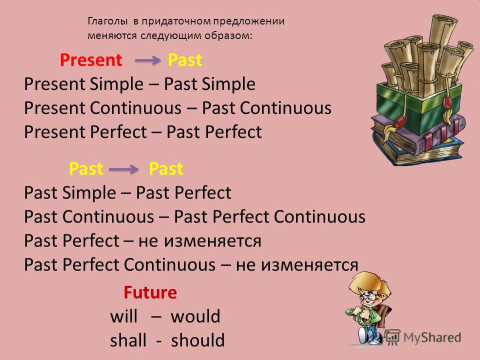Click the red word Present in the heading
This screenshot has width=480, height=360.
pos(91,59)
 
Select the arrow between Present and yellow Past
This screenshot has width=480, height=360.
pos(147,60)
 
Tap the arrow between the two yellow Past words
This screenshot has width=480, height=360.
pos(123,168)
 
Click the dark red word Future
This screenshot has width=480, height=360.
pos(150,292)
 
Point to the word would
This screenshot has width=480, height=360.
pos(195,316)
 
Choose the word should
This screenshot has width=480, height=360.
pos(198,340)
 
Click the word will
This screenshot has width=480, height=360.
pos(123,316)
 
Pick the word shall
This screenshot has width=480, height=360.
pos(128,340)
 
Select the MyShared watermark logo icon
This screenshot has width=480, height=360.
pos(392,336)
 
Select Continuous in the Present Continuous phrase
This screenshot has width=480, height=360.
pos(135,108)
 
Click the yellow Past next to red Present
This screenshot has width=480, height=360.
pos(185,59)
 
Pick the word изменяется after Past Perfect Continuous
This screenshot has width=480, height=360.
pos(309,265)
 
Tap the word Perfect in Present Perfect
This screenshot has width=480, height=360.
pos(118,132)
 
